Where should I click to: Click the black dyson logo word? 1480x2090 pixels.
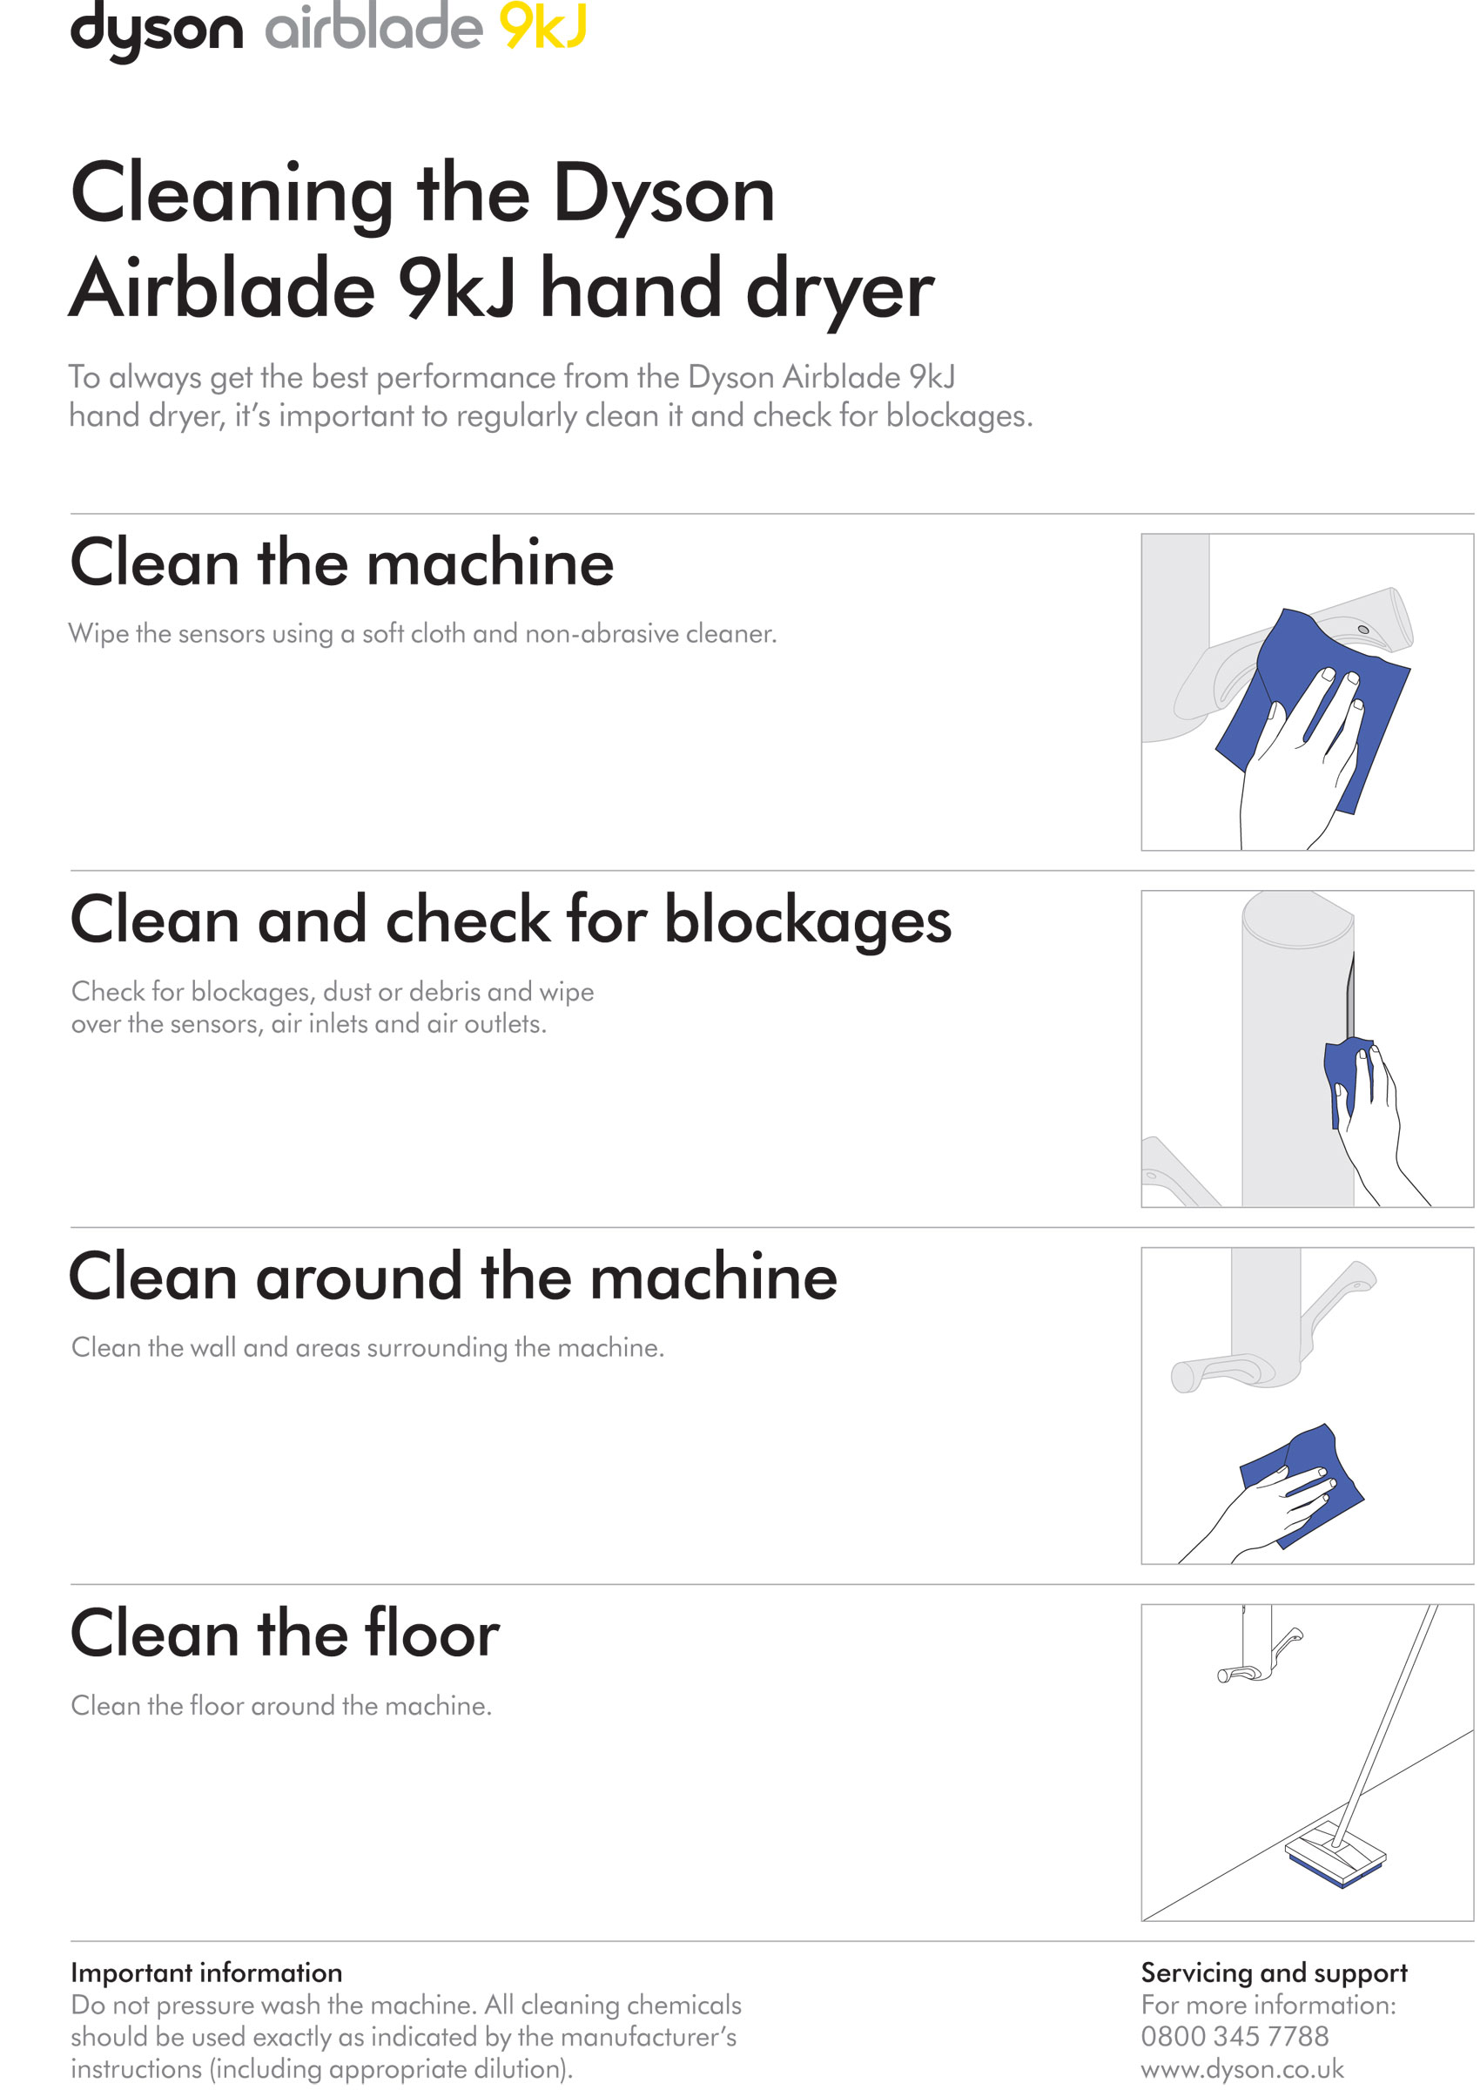click(157, 30)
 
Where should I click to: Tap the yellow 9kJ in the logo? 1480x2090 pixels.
click(543, 25)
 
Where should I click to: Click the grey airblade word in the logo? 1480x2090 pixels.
click(373, 25)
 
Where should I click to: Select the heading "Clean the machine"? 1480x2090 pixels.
click(342, 563)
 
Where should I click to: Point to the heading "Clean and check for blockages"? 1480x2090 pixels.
click(511, 921)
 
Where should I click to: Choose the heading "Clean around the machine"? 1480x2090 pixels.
click(453, 1277)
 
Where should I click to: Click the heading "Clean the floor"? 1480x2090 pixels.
click(286, 1634)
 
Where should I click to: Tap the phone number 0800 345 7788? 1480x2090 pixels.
click(1234, 2036)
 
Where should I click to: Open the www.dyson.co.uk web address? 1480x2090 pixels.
click(1242, 2069)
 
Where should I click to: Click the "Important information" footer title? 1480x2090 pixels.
click(207, 1972)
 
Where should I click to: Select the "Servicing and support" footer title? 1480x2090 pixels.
click(1274, 1973)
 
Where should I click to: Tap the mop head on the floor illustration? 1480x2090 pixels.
click(1335, 1854)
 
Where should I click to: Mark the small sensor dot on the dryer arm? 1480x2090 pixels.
click(1363, 630)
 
